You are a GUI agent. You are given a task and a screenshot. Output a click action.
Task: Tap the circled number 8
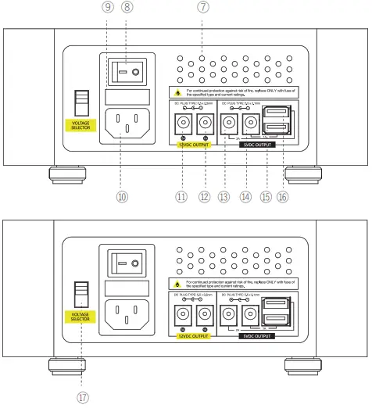click(x=127, y=8)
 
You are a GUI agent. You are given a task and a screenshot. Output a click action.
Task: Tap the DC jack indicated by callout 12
click(x=205, y=123)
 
